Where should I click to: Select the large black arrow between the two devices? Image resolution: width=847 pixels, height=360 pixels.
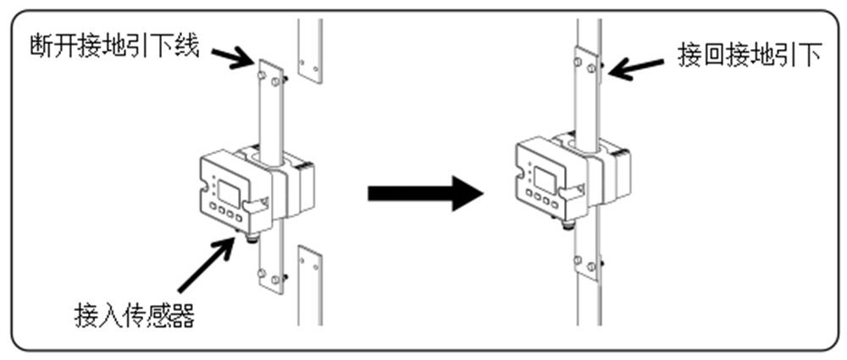424,193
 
